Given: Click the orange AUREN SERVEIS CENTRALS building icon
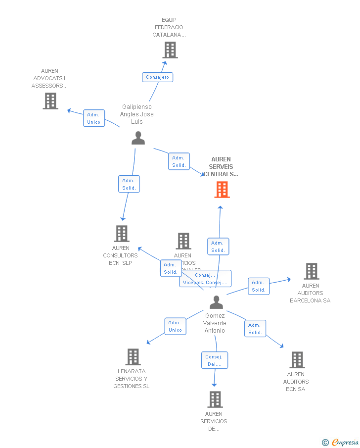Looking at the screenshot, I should tap(222, 190).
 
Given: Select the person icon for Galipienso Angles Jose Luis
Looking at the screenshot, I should tap(138, 138).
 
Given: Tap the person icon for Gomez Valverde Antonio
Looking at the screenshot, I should tap(216, 301).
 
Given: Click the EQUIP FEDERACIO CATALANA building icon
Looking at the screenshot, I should tap(170, 50).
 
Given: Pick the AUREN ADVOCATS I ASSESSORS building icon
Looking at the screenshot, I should tap(50, 101).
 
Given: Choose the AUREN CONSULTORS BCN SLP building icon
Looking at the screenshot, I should tap(122, 234).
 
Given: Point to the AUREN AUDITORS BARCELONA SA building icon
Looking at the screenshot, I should tap(311, 271).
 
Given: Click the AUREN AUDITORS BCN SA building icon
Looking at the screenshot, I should tap(297, 360).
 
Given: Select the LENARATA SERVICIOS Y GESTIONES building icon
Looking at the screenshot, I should tap(133, 357).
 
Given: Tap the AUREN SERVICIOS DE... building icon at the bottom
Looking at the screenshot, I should tap(215, 399).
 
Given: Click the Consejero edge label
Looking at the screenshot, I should tap(158, 77).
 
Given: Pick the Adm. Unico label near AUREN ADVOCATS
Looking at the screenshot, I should tap(93, 118).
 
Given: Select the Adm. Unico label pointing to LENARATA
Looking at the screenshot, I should tap(175, 326).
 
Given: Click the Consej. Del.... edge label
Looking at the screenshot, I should tap(214, 360).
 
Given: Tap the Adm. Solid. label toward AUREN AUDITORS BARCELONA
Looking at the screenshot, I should tap(258, 286).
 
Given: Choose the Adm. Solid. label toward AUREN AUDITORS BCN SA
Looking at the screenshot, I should tap(255, 329).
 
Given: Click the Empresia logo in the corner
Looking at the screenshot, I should tap(340, 442).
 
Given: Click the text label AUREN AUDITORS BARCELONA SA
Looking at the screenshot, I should tap(310, 293).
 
